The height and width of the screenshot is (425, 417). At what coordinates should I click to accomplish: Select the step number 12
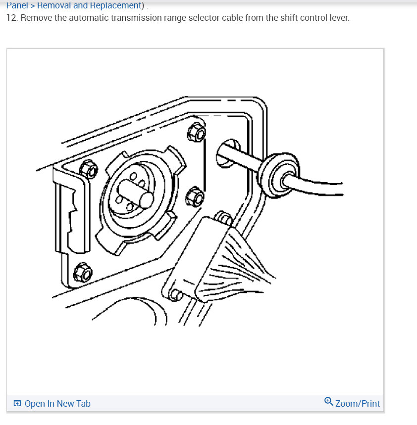(11, 18)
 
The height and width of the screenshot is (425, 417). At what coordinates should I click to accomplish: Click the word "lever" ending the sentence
(339, 18)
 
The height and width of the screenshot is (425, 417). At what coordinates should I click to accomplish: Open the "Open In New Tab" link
(57, 404)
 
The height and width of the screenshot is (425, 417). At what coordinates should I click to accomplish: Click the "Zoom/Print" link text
(357, 404)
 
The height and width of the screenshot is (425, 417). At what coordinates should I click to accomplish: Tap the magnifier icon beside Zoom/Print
(328, 401)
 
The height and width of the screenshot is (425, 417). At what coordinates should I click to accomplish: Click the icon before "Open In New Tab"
(17, 404)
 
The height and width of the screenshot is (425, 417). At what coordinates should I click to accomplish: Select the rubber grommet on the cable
(278, 175)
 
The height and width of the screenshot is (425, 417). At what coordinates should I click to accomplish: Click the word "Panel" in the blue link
(17, 5)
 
